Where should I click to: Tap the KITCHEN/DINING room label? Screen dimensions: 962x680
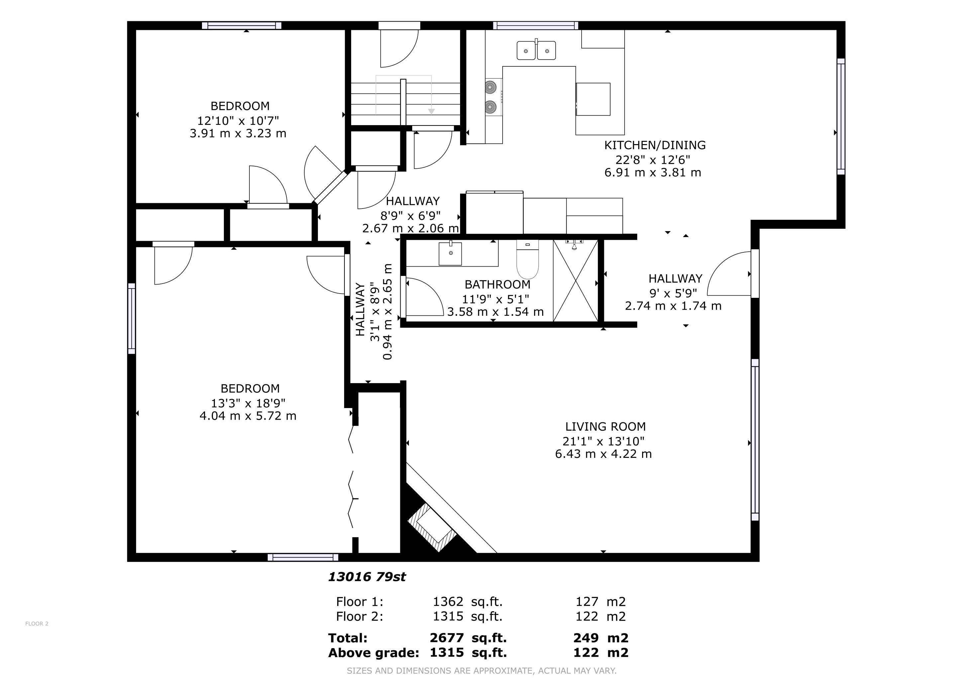pyautogui.click(x=655, y=145)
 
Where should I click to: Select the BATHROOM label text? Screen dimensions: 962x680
pyautogui.click(x=497, y=285)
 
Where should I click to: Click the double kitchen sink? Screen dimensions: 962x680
pyautogui.click(x=536, y=50)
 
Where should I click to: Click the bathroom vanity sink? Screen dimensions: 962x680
pyautogui.click(x=450, y=254)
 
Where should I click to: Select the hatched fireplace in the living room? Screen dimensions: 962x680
pyautogui.click(x=433, y=528)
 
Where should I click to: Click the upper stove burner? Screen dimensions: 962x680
pyautogui.click(x=491, y=88)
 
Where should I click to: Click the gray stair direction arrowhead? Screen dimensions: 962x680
pyautogui.click(x=431, y=111)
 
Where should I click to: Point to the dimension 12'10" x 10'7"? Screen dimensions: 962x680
pyautogui.click(x=238, y=121)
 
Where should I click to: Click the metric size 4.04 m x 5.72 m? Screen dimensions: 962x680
pyautogui.click(x=248, y=416)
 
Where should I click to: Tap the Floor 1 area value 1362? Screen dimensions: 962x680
pyautogui.click(x=448, y=602)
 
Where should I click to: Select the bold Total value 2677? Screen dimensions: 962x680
pyautogui.click(x=447, y=638)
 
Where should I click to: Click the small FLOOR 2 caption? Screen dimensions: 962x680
pyautogui.click(x=37, y=624)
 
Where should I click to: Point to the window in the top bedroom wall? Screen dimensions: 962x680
pyautogui.click(x=242, y=26)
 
